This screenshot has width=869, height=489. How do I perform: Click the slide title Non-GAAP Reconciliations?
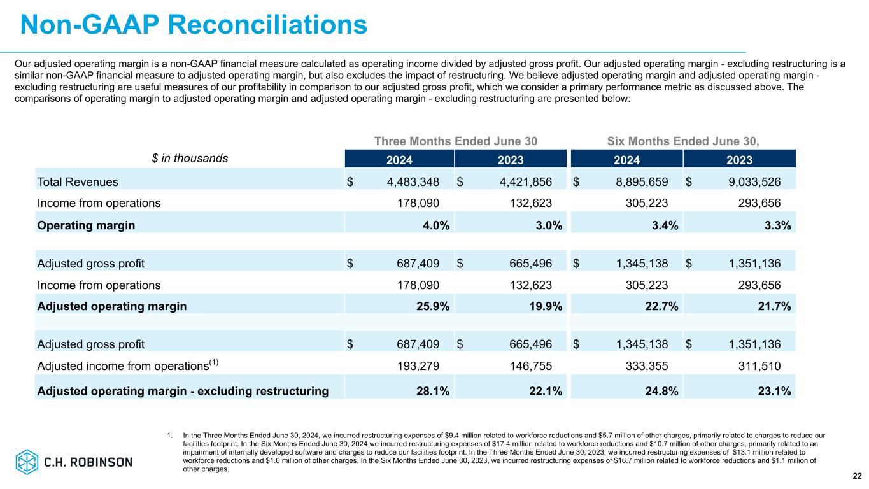coord(194,25)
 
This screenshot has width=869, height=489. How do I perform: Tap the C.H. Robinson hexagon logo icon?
coord(27,461)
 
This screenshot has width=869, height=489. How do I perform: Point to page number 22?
coord(857,476)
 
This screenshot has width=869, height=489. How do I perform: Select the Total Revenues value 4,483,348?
coord(413,182)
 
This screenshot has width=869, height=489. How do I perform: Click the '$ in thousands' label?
coord(189,159)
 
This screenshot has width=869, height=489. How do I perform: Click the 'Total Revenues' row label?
coord(78,182)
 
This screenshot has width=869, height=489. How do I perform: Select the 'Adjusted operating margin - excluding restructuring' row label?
coord(183,391)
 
